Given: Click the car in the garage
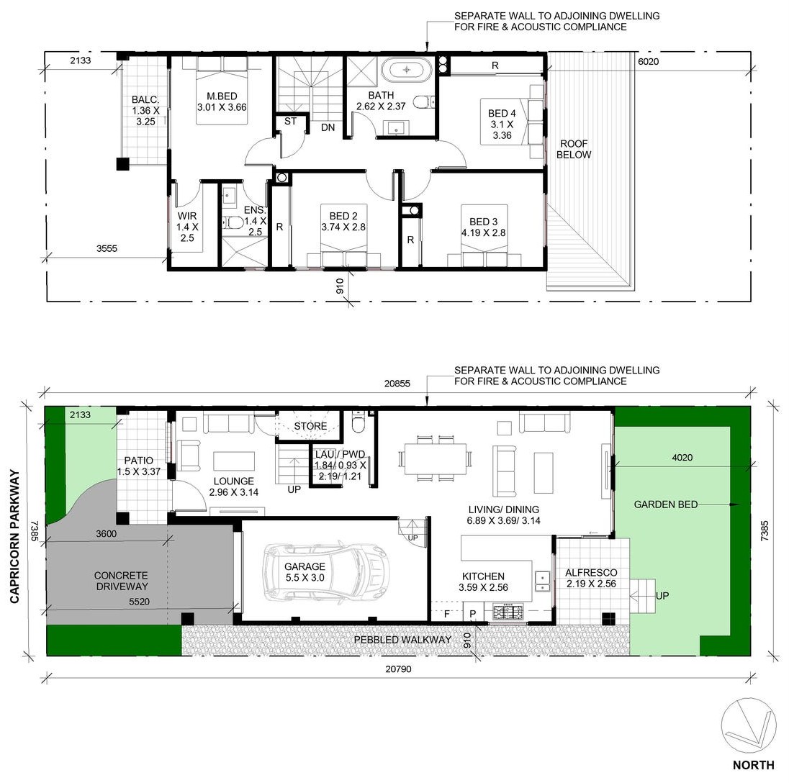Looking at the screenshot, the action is [327, 571].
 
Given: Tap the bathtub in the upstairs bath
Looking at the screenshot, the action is [406, 69].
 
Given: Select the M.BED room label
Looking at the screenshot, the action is [222, 96].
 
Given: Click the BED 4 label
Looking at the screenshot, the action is [502, 114].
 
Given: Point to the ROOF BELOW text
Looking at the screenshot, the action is [574, 150].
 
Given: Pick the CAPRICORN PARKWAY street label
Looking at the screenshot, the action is [14, 537].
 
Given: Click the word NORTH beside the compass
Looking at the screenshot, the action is [753, 765].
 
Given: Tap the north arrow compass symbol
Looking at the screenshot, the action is [748, 725].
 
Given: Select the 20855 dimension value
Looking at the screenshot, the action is [397, 383].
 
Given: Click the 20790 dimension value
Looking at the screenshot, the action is [399, 669].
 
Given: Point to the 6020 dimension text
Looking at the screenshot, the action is [648, 62].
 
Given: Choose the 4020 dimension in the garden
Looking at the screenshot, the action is [682, 457].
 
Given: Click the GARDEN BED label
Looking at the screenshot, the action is [666, 504].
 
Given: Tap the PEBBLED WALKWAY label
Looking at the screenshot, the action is [402, 640].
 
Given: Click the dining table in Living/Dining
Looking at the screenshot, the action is [436, 458].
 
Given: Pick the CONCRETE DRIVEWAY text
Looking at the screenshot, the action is [121, 581].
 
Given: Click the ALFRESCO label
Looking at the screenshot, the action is [591, 572].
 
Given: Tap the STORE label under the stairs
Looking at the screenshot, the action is [310, 426].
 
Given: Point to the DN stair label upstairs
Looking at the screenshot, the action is [328, 127].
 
